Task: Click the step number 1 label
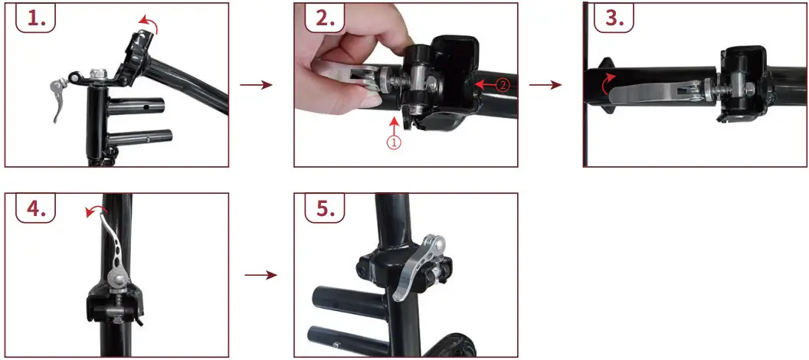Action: click(36, 19)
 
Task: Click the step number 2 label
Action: click(326, 19)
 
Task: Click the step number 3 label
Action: click(614, 19)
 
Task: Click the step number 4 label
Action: click(36, 209)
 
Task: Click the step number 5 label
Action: click(326, 209)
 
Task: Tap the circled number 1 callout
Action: click(392, 142)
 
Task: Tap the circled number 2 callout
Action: click(501, 86)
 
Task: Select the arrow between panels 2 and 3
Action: click(545, 84)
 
